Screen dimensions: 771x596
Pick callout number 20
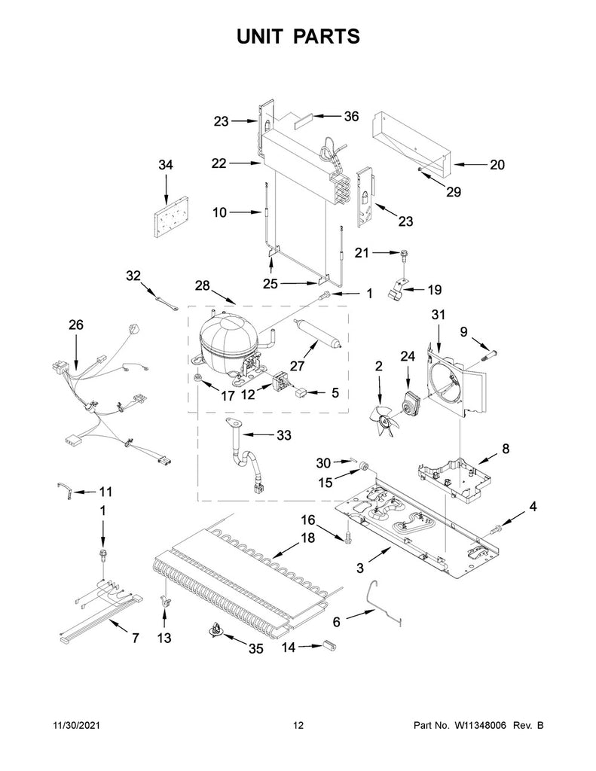pos(497,164)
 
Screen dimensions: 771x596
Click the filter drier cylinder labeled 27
pos(314,334)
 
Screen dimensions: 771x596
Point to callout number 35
pos(255,648)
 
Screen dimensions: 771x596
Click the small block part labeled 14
pos(329,645)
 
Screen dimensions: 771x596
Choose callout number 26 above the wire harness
pos(75,325)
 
